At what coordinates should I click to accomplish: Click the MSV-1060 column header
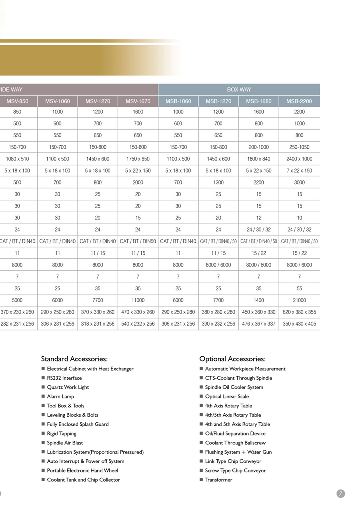[x=58, y=101]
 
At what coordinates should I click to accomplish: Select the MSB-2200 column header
[x=299, y=101]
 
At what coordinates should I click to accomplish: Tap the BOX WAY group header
[x=239, y=90]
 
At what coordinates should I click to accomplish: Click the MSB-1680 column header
[x=259, y=101]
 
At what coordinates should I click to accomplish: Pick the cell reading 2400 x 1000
[x=299, y=159]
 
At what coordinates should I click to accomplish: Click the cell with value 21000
[x=299, y=300]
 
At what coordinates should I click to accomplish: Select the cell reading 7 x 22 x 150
[x=299, y=171]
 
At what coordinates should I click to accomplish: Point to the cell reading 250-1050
[x=299, y=147]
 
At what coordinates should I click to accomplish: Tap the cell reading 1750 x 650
[x=138, y=159]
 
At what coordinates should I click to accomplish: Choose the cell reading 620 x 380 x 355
[x=299, y=312]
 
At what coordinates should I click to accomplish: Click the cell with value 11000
[x=138, y=300]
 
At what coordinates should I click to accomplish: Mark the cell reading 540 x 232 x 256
[x=138, y=324]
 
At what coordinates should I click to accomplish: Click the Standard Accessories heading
[x=74, y=359]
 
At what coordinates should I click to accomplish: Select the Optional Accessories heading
[x=232, y=359]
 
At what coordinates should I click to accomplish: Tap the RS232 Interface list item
[x=64, y=378]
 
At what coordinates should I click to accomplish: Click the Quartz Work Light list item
[x=68, y=387]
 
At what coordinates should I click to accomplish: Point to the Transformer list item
[x=219, y=480]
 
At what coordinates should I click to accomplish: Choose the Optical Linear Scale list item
[x=227, y=397]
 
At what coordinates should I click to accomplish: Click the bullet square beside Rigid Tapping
[x=43, y=434]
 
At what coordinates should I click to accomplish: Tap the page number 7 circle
[x=341, y=494]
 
